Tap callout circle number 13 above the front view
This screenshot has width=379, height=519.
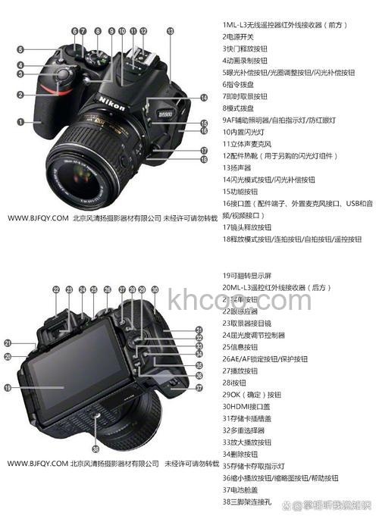[x=170, y=31]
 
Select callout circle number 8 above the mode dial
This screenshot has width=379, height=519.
[x=98, y=31]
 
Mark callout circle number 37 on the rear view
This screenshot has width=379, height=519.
[x=199, y=387]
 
